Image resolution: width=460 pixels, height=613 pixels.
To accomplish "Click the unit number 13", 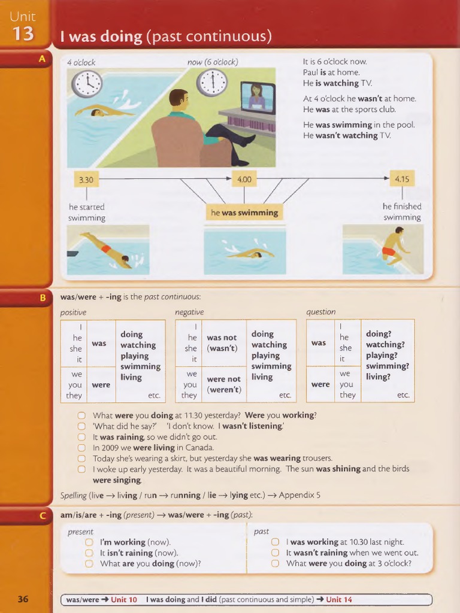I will pyautogui.click(x=23, y=34).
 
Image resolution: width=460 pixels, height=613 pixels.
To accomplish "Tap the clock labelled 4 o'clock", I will pyautogui.click(x=87, y=84).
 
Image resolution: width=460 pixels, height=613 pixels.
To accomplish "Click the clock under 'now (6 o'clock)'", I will pyautogui.click(x=212, y=83).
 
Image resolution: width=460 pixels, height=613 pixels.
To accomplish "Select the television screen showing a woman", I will pyautogui.click(x=258, y=98).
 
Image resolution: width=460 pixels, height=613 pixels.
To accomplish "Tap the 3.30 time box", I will pyautogui.click(x=86, y=179).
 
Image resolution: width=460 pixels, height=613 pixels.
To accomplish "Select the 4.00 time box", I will pyautogui.click(x=244, y=179).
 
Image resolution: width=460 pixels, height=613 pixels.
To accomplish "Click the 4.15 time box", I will pyautogui.click(x=402, y=178).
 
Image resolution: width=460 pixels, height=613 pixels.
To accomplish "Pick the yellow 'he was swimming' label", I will pyautogui.click(x=244, y=213).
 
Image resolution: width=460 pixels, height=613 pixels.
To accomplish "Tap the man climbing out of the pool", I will pyautogui.click(x=393, y=247).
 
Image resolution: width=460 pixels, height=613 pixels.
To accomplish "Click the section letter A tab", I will pyautogui.click(x=42, y=59).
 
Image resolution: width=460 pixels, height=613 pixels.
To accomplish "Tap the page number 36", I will pyautogui.click(x=23, y=599).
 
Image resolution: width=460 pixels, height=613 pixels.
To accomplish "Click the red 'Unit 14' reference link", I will pyautogui.click(x=339, y=599).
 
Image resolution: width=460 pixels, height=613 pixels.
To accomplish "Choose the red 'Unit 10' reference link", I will pyautogui.click(x=124, y=599).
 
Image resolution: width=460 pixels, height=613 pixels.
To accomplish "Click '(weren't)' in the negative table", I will pyautogui.click(x=223, y=390).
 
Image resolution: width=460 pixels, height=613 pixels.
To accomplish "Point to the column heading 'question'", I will pyautogui.click(x=321, y=312).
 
